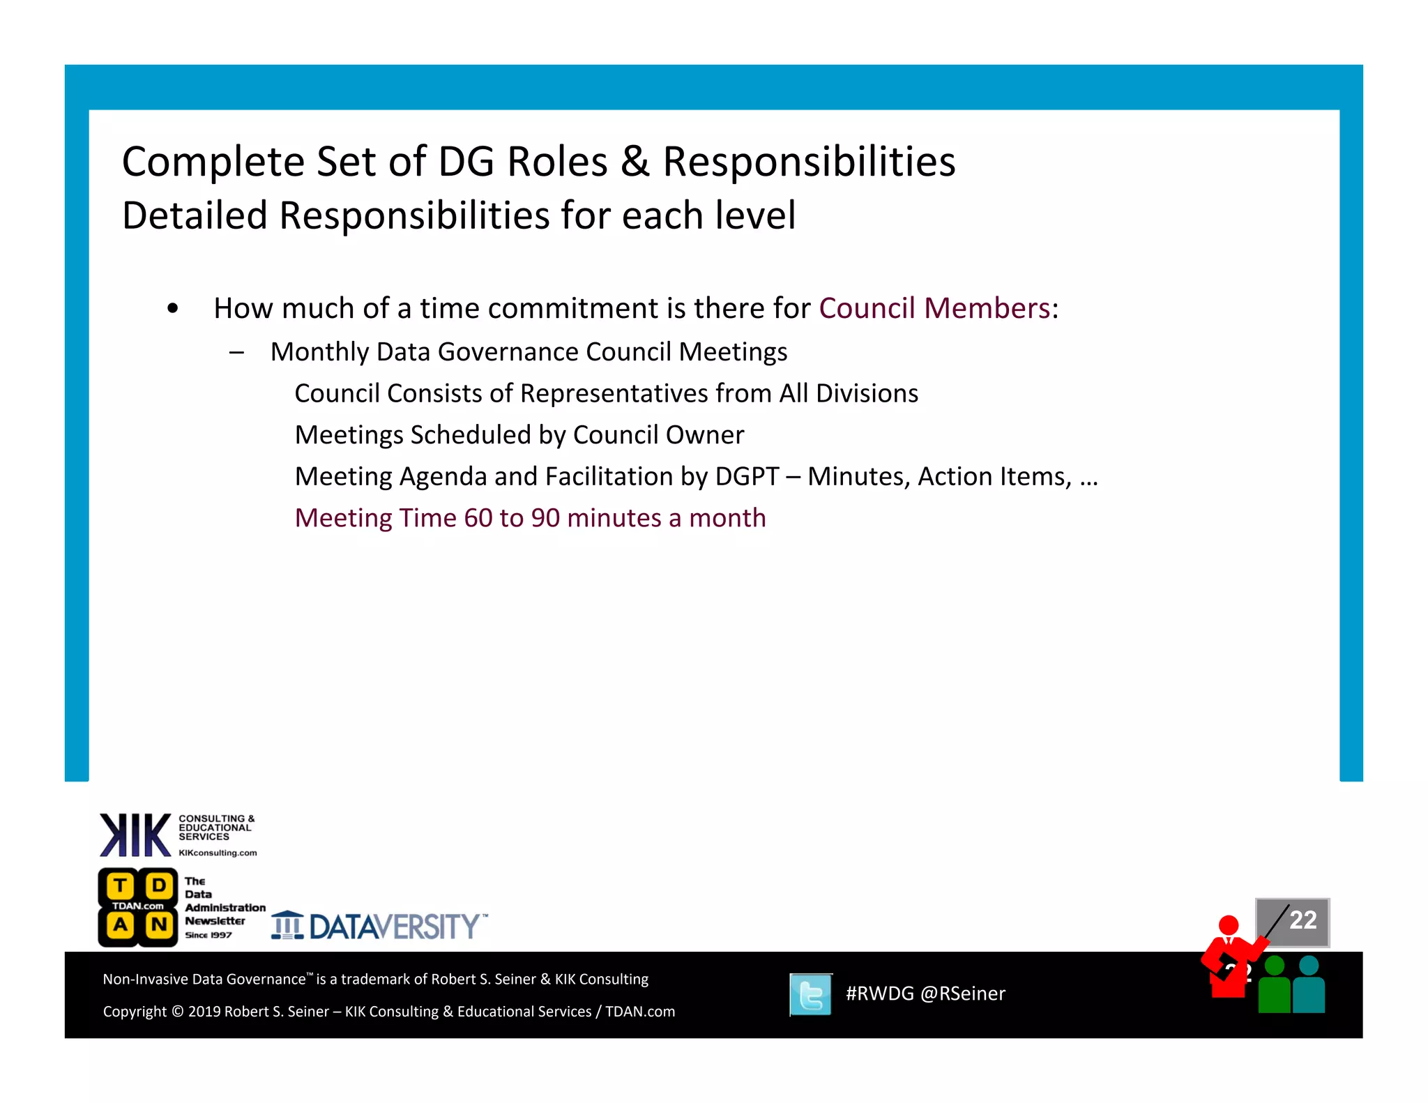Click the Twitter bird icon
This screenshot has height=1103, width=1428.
810,994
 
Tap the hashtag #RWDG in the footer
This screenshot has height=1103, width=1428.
879,994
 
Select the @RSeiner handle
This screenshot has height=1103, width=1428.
963,994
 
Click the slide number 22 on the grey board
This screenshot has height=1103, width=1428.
1302,920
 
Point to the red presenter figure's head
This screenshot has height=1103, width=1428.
1228,925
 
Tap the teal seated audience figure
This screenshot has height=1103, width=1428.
1309,987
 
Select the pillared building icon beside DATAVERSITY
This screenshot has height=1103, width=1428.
287,925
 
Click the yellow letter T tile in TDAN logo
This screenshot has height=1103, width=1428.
120,886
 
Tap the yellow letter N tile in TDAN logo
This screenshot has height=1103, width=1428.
159,925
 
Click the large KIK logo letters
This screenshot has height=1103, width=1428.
135,835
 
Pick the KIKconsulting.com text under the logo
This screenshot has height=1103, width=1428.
218,853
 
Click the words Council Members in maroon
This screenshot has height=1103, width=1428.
934,308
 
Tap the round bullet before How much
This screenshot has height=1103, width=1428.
173,308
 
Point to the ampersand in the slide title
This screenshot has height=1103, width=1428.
635,162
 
